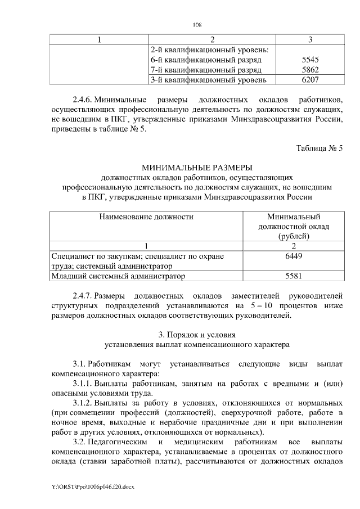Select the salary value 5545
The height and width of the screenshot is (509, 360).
click(x=310, y=60)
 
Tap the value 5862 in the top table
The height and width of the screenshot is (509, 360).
click(x=310, y=70)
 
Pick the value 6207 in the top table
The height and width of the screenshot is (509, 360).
click(x=310, y=80)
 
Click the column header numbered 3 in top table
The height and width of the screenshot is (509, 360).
click(x=310, y=39)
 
